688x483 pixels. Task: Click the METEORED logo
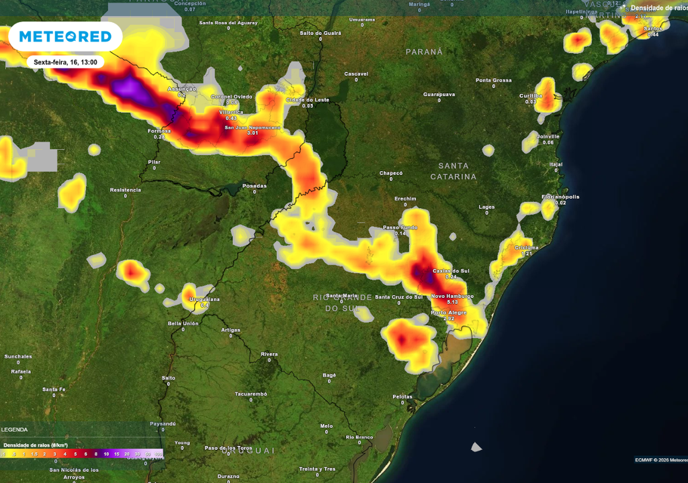point(65,36)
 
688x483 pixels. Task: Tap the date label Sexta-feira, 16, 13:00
point(65,62)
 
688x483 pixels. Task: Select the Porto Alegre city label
point(448,313)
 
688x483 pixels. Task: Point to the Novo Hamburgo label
point(452,296)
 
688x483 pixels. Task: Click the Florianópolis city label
point(560,197)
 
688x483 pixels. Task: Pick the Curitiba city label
point(531,95)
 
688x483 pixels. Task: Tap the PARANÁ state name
point(424,52)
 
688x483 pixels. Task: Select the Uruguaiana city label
point(205,299)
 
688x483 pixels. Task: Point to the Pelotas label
point(402,396)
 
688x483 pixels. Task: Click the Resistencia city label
point(126,190)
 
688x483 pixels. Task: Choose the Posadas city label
point(255,186)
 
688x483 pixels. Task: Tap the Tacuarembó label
point(251,394)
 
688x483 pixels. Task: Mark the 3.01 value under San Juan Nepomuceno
point(253,133)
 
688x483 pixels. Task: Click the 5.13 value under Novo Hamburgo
point(451,303)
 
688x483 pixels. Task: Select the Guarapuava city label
point(439,94)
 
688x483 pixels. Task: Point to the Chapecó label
point(391,173)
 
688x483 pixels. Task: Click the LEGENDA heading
point(14,429)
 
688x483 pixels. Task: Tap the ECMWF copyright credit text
point(661,460)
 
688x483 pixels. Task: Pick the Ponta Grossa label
point(494,80)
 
